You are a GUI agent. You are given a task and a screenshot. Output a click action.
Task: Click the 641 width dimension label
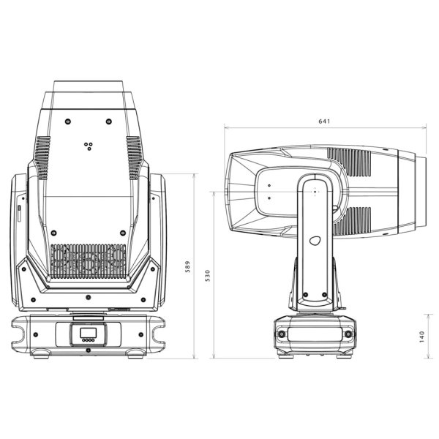point(324,121)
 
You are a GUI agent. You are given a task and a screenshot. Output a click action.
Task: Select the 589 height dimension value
point(187,266)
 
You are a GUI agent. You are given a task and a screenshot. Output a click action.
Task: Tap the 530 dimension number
point(208,276)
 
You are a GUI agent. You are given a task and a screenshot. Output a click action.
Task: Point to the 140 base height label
point(422,337)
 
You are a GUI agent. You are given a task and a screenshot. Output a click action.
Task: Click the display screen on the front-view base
point(89,333)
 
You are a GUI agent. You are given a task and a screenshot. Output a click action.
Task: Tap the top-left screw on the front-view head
point(68,121)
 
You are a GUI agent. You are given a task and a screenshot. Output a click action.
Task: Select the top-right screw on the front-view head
point(108,121)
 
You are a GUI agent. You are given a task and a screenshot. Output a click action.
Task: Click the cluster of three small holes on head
point(89,146)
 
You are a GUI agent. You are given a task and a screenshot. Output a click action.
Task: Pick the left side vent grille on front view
point(42,157)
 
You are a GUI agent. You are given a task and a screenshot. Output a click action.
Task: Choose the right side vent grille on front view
point(134,157)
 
